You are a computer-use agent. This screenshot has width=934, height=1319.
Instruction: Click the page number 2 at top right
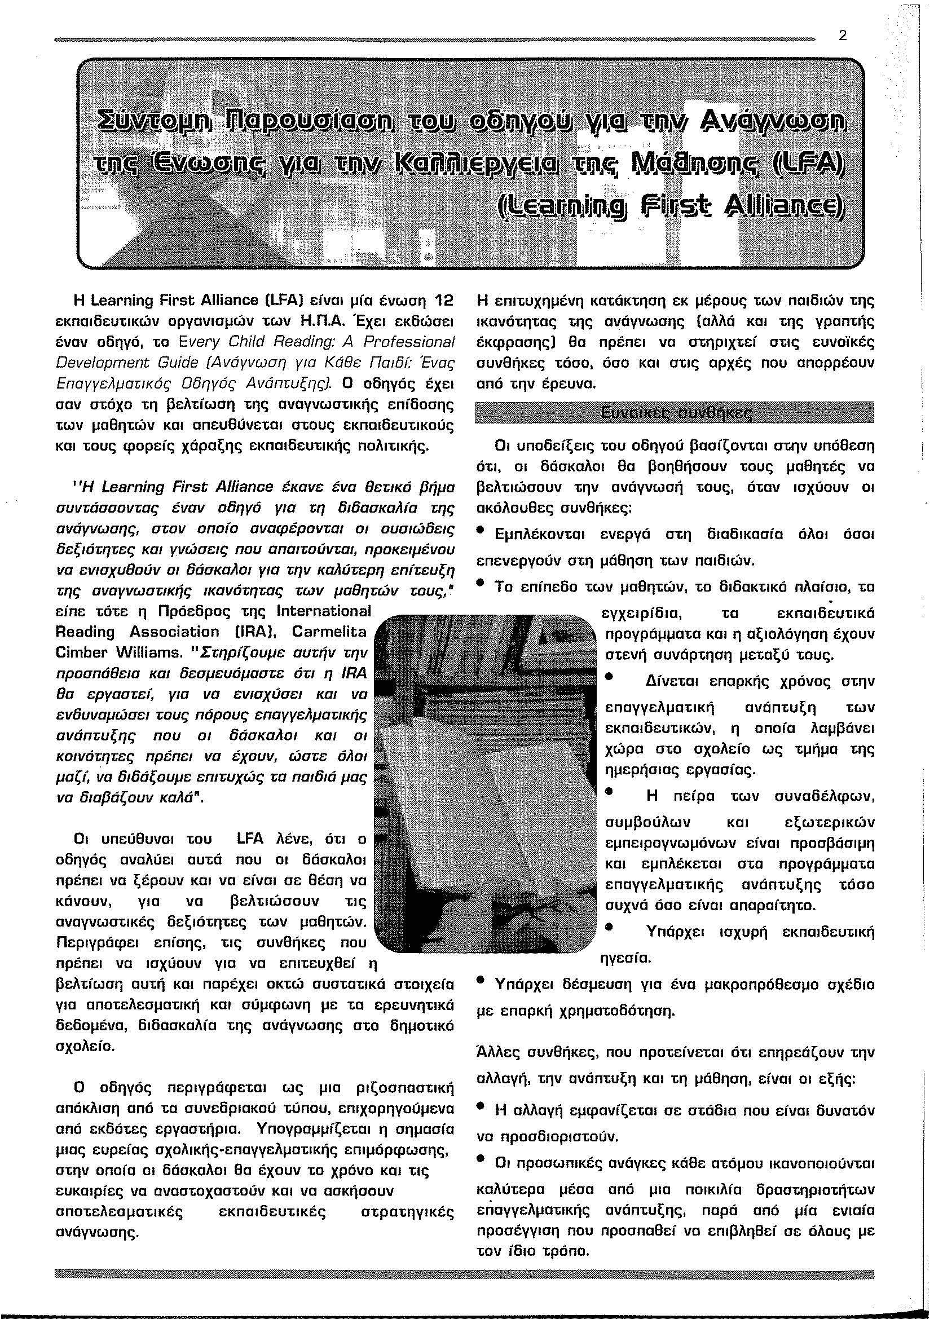(843, 36)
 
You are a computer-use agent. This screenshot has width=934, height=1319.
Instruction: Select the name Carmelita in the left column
(329, 632)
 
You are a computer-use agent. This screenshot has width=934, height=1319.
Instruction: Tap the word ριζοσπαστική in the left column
(403, 1088)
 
